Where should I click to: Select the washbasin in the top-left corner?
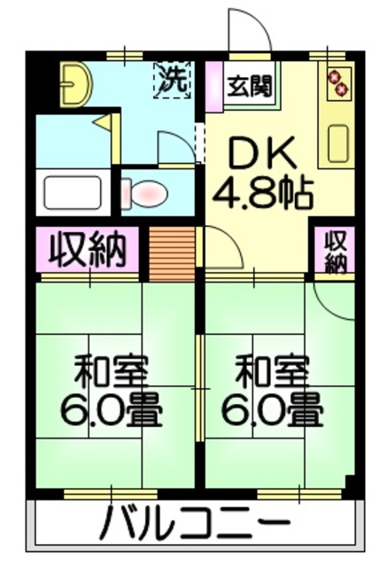coord(77,82)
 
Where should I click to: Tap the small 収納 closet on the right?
coord(336,250)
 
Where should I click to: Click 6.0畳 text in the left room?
coord(111,408)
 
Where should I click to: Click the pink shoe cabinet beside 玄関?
coord(213,86)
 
